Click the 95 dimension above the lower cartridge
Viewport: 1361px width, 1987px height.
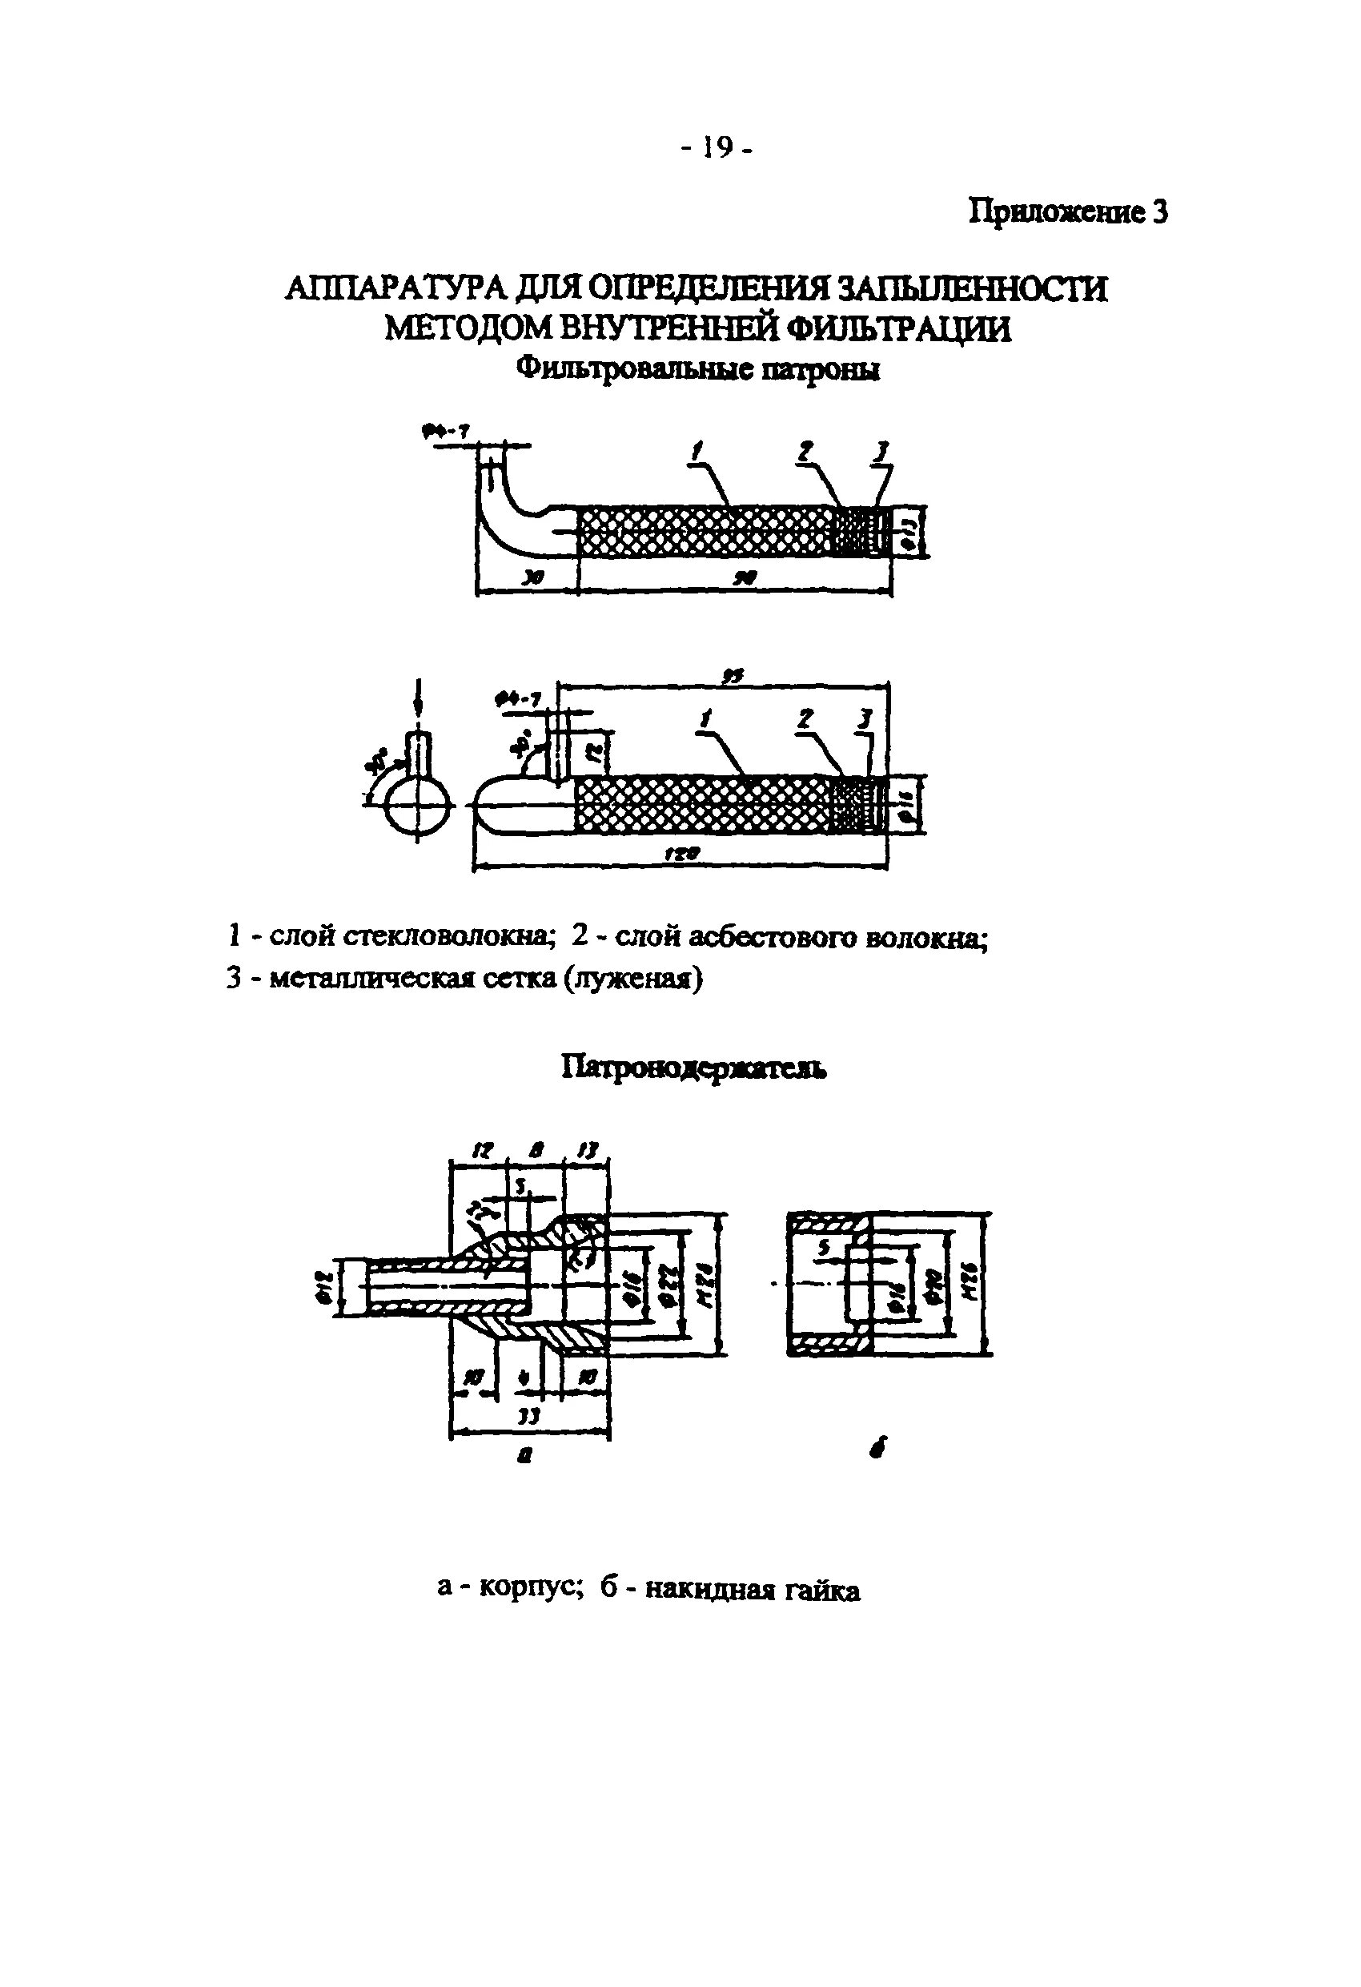tap(732, 675)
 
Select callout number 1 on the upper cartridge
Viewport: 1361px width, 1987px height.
tap(697, 452)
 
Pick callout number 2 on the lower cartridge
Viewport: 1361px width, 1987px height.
tap(804, 720)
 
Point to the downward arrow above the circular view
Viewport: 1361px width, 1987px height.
tap(417, 694)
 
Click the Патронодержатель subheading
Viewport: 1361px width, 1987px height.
tap(693, 1067)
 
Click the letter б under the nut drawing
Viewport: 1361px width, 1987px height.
tap(881, 1448)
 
